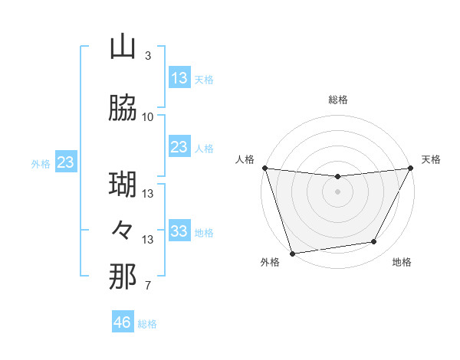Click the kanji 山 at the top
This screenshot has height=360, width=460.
(x=123, y=47)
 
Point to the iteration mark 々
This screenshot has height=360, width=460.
(x=123, y=231)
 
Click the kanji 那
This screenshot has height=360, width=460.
(x=123, y=277)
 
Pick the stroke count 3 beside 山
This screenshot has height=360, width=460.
(x=147, y=56)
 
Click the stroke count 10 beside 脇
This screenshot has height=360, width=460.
(x=148, y=117)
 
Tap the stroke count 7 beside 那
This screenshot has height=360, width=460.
(x=147, y=286)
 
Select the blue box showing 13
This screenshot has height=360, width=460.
(x=179, y=78)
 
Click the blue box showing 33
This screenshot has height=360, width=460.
(x=179, y=231)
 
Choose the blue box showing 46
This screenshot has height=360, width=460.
(x=123, y=322)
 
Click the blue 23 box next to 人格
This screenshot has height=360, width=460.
(x=179, y=147)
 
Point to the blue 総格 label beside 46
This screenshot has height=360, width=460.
(x=147, y=324)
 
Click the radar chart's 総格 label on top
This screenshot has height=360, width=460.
(x=337, y=100)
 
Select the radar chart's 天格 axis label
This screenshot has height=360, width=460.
(x=431, y=159)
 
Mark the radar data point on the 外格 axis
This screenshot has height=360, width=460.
(x=292, y=253)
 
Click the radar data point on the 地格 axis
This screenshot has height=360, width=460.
(x=374, y=242)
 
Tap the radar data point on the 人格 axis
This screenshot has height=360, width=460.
(x=264, y=168)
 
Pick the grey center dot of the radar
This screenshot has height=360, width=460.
(x=337, y=191)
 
